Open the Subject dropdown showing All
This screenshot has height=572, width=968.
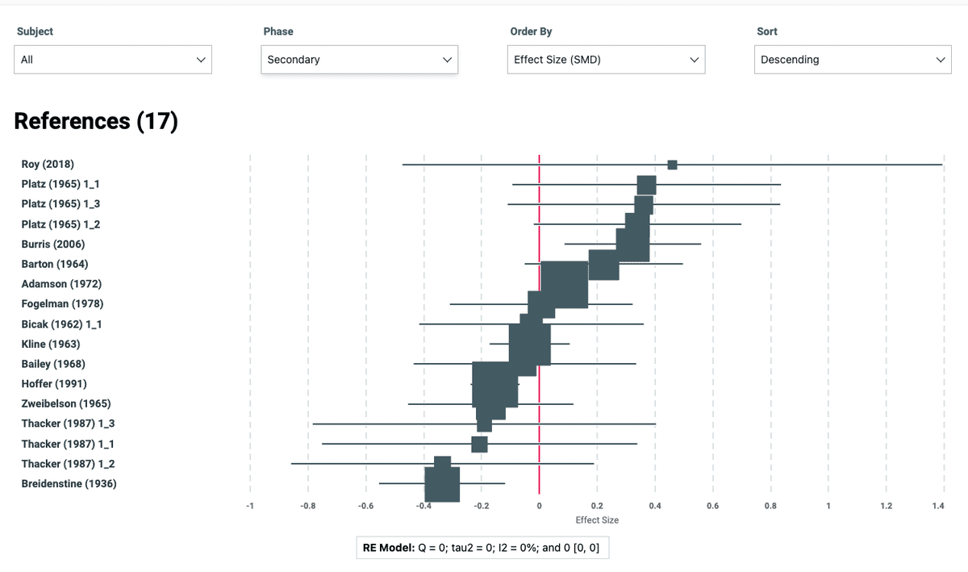pos(113,60)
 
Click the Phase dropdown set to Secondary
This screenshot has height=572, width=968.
pos(359,60)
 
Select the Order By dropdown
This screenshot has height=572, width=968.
pos(606,60)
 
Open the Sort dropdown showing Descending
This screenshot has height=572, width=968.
pos(852,60)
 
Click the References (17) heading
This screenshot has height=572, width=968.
pos(96,121)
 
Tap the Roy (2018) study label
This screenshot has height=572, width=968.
pos(48,164)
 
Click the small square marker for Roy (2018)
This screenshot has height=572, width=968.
pos(672,165)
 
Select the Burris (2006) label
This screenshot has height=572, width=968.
pos(53,244)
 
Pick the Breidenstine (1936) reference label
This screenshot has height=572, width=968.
pos(69,483)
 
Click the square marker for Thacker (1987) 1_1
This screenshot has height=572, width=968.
pos(479,444)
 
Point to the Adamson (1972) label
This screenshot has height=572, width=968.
pos(61,284)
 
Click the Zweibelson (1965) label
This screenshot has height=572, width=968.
pos(66,403)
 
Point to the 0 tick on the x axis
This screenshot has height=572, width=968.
pos(539,506)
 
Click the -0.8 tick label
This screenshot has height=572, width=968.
pos(307,506)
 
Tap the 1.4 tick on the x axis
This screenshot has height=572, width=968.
pos(937,506)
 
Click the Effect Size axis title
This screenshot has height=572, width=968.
pos(597,520)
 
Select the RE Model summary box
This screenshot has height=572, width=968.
pos(482,548)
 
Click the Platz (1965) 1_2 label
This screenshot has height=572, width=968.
pos(60,224)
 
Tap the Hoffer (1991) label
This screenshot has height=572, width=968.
pos(54,383)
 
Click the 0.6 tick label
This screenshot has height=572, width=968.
pos(712,506)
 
